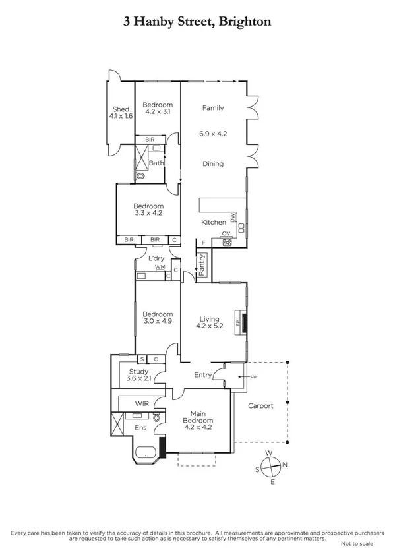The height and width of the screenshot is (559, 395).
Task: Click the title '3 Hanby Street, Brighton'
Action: click(x=197, y=22)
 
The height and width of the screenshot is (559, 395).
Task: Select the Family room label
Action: click(x=213, y=108)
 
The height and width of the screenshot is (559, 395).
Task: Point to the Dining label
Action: click(x=213, y=164)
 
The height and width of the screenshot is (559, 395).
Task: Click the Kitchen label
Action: click(x=214, y=223)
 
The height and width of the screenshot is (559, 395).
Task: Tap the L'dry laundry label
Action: click(x=156, y=258)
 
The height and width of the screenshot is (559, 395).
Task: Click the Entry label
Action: click(x=203, y=375)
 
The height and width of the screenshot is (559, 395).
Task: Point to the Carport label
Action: click(x=260, y=406)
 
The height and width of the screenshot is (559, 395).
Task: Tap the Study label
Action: click(x=138, y=372)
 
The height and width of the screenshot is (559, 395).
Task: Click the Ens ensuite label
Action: click(x=141, y=428)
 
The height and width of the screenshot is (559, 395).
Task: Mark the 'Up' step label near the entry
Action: click(x=252, y=376)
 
